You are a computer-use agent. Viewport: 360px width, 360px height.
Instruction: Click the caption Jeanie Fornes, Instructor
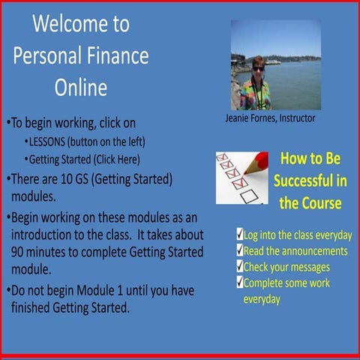pos(270,118)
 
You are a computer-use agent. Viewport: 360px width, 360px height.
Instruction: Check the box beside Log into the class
pos(238,234)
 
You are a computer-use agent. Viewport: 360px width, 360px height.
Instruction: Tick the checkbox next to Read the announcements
pos(238,250)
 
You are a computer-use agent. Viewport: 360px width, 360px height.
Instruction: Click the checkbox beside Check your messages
pos(238,266)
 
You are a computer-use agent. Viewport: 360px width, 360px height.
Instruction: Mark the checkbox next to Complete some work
pos(238,283)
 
